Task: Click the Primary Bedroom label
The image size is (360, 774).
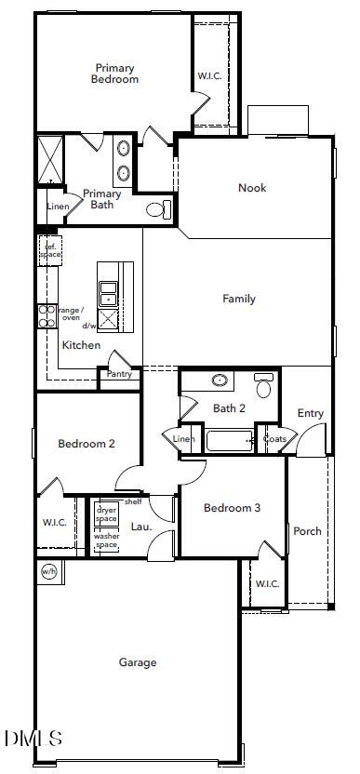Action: click(x=114, y=73)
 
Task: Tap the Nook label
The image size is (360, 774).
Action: click(x=251, y=188)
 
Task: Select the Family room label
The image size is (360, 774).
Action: click(x=238, y=299)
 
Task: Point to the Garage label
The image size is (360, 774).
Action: click(x=137, y=662)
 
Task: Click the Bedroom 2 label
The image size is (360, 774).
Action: click(x=87, y=444)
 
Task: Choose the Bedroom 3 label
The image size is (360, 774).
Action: click(x=232, y=508)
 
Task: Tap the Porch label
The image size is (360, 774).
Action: click(x=307, y=531)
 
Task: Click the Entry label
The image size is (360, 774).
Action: click(x=310, y=413)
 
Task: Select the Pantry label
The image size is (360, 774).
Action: click(x=119, y=374)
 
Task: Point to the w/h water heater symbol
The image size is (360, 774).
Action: click(x=47, y=571)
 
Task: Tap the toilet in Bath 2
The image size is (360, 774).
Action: click(x=264, y=384)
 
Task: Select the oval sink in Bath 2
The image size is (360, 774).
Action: click(x=220, y=380)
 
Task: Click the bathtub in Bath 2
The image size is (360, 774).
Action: click(x=231, y=439)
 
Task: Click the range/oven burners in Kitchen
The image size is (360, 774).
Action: click(x=47, y=317)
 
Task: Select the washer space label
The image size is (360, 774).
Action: click(x=106, y=540)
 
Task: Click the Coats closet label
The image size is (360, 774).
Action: click(x=274, y=439)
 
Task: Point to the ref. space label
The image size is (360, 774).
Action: click(x=49, y=249)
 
